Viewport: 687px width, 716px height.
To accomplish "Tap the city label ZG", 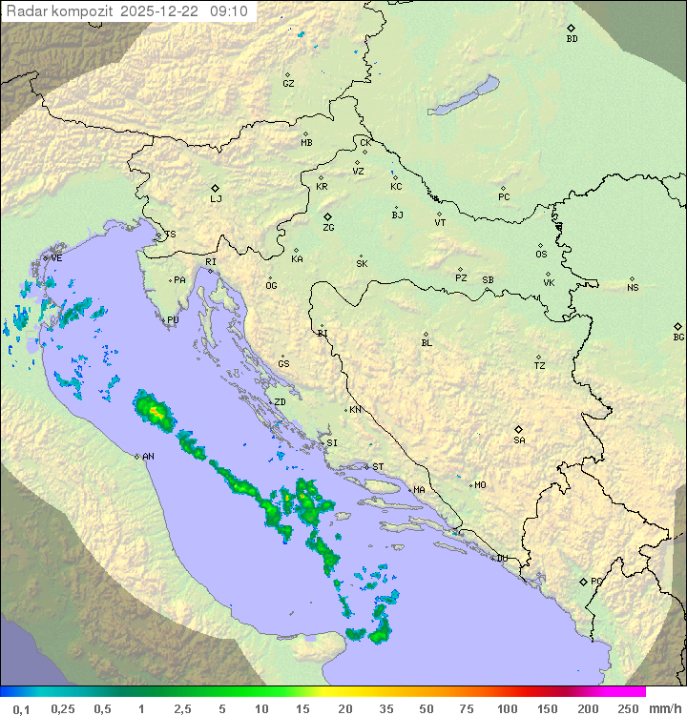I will click(328, 228).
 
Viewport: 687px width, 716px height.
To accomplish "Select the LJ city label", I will click(216, 199).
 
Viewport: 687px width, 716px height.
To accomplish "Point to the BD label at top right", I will click(572, 39).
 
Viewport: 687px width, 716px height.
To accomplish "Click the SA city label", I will click(519, 440).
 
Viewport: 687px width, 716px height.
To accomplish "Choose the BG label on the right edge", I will click(678, 337).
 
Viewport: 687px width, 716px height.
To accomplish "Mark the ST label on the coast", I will click(378, 467).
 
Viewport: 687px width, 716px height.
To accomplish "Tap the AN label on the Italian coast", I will click(148, 457).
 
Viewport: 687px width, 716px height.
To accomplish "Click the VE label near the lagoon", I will click(56, 258).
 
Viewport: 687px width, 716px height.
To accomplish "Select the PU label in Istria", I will click(173, 320).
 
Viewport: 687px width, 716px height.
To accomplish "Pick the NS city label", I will click(633, 288).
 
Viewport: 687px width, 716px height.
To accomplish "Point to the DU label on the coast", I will click(501, 559).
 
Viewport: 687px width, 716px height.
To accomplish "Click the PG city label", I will click(596, 581).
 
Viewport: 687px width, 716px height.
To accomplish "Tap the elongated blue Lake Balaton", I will click(464, 95).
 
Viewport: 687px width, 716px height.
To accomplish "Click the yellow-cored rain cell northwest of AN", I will click(155, 411).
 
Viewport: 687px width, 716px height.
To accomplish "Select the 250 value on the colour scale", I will click(628, 708).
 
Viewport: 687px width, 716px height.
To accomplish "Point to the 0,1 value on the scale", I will click(21, 708).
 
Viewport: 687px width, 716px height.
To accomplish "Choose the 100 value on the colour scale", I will click(507, 708).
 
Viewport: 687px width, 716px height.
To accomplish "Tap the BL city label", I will click(427, 342).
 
